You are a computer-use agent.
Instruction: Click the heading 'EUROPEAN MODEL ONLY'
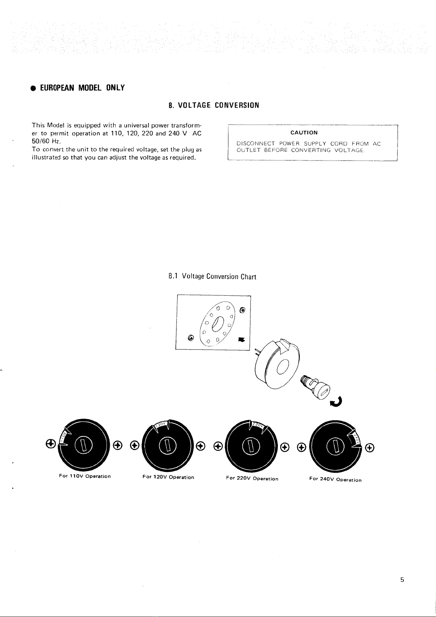click(x=82, y=88)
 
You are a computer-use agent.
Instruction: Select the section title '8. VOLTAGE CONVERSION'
click(x=214, y=106)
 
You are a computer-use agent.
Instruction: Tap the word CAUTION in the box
click(x=304, y=133)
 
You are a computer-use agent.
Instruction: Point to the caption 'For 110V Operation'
click(x=85, y=476)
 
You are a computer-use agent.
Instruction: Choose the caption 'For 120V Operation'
click(x=168, y=477)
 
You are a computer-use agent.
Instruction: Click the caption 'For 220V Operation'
click(x=252, y=479)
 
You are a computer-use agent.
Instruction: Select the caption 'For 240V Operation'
click(x=335, y=479)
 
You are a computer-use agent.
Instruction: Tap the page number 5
click(x=402, y=580)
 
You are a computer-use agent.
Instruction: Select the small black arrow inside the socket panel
click(x=241, y=340)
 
